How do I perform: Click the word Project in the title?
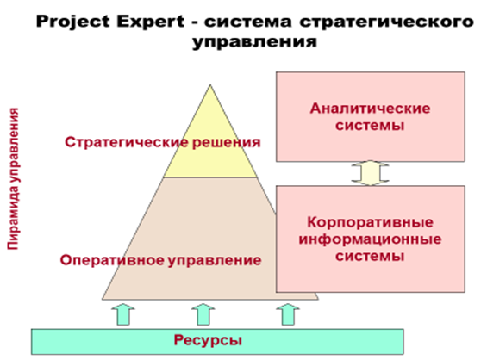(72, 22)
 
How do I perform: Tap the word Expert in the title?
(150, 22)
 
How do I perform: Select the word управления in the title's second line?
(254, 41)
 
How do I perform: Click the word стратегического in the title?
(386, 22)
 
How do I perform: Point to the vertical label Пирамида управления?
(13, 178)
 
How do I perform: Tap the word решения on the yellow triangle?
(227, 143)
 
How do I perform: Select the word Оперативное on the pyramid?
(112, 260)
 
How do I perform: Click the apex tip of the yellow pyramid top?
(210, 85)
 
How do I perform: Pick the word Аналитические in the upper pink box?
(370, 109)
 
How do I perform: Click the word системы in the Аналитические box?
(370, 126)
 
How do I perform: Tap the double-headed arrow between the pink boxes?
(371, 173)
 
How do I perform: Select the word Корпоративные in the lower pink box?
(370, 222)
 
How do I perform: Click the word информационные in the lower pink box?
(370, 239)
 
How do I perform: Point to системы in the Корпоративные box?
(370, 256)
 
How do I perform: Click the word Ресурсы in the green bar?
(208, 340)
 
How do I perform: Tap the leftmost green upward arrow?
(123, 314)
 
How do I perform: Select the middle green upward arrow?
(203, 314)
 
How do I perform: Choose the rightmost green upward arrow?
(288, 314)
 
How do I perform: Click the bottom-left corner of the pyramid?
(103, 299)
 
